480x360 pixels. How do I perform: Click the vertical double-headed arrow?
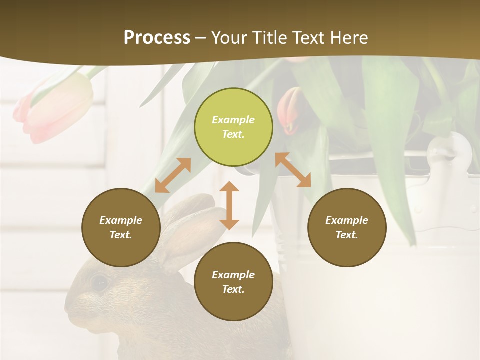[229, 205]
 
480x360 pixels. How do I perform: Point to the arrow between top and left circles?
[173, 175]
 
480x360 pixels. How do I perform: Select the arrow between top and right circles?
[293, 170]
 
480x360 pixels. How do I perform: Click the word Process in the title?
[157, 37]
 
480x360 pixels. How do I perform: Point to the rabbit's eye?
[99, 283]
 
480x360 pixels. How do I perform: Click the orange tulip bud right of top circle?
[290, 111]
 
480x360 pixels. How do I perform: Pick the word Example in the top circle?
[233, 120]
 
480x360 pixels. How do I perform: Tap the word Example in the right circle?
[347, 220]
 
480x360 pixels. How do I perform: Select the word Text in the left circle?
[121, 235]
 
